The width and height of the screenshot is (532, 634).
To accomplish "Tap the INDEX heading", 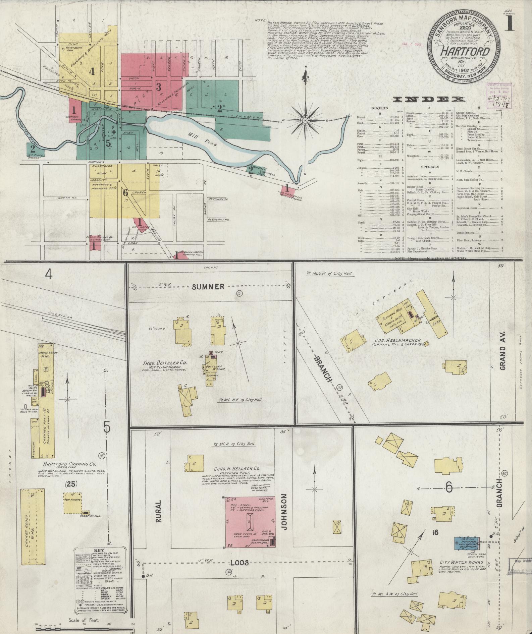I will point(429,99).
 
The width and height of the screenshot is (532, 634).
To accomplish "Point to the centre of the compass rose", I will point(306,120).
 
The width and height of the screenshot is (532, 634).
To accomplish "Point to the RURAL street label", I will point(159,518).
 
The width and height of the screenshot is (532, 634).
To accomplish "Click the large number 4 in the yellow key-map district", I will point(92,71).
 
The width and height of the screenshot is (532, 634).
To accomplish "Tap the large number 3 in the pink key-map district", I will point(159,87).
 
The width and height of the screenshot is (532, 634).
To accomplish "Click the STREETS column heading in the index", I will point(379,108).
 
